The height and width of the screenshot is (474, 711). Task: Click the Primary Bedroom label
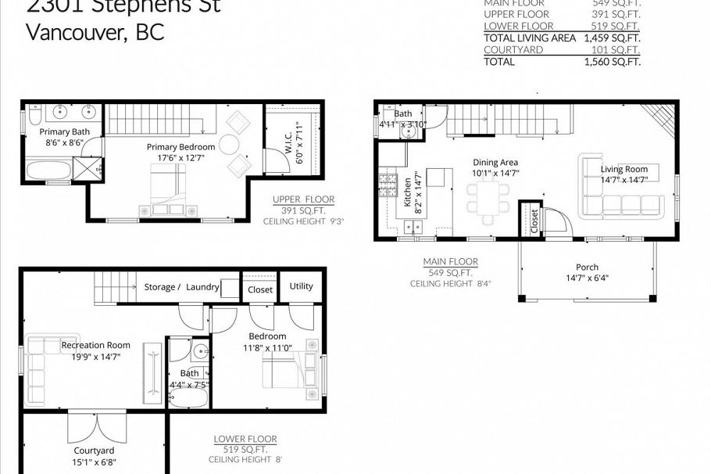pos(180,146)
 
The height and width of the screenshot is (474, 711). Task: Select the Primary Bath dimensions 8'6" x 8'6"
pos(65,143)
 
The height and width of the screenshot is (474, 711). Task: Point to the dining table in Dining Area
pos(489,196)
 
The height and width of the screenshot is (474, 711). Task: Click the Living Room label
pos(623,169)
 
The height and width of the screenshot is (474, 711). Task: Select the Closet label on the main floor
pos(534,221)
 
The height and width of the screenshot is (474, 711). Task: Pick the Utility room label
pos(301,286)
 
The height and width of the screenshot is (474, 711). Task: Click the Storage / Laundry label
pos(181,287)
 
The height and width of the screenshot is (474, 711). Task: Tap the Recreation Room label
pos(96,345)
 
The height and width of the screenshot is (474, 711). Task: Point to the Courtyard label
pos(94,451)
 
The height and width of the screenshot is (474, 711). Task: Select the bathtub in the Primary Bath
pos(48,170)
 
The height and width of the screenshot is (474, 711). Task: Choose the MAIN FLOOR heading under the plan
pos(450,261)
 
